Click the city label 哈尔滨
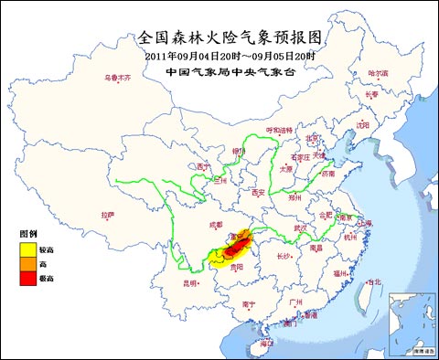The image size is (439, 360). [x=378, y=72]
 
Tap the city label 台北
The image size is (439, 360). [x=371, y=282]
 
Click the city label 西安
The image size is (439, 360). [x=257, y=193]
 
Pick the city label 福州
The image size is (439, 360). [x=340, y=272]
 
